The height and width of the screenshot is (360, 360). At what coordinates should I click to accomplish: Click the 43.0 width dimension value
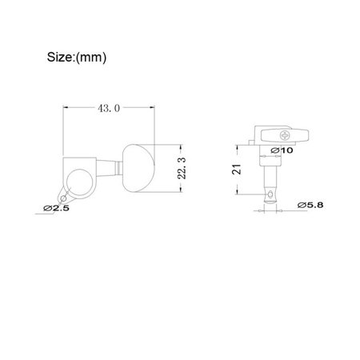[x=109, y=108]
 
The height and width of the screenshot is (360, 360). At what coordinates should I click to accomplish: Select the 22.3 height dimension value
[x=182, y=168]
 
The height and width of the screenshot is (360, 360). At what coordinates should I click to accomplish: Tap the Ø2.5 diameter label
[x=56, y=208]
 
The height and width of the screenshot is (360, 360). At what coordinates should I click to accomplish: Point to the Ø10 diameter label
[x=282, y=150]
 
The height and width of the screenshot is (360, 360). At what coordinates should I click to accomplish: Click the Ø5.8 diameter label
[x=310, y=205]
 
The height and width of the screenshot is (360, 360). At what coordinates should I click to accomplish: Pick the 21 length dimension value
[x=237, y=170]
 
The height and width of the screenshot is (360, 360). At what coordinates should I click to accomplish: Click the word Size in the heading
[x=60, y=57]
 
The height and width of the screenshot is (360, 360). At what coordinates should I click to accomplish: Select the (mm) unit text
[x=91, y=58]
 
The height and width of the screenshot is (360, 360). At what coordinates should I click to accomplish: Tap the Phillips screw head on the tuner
[x=285, y=135]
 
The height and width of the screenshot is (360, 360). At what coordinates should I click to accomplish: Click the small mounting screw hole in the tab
[x=63, y=198]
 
